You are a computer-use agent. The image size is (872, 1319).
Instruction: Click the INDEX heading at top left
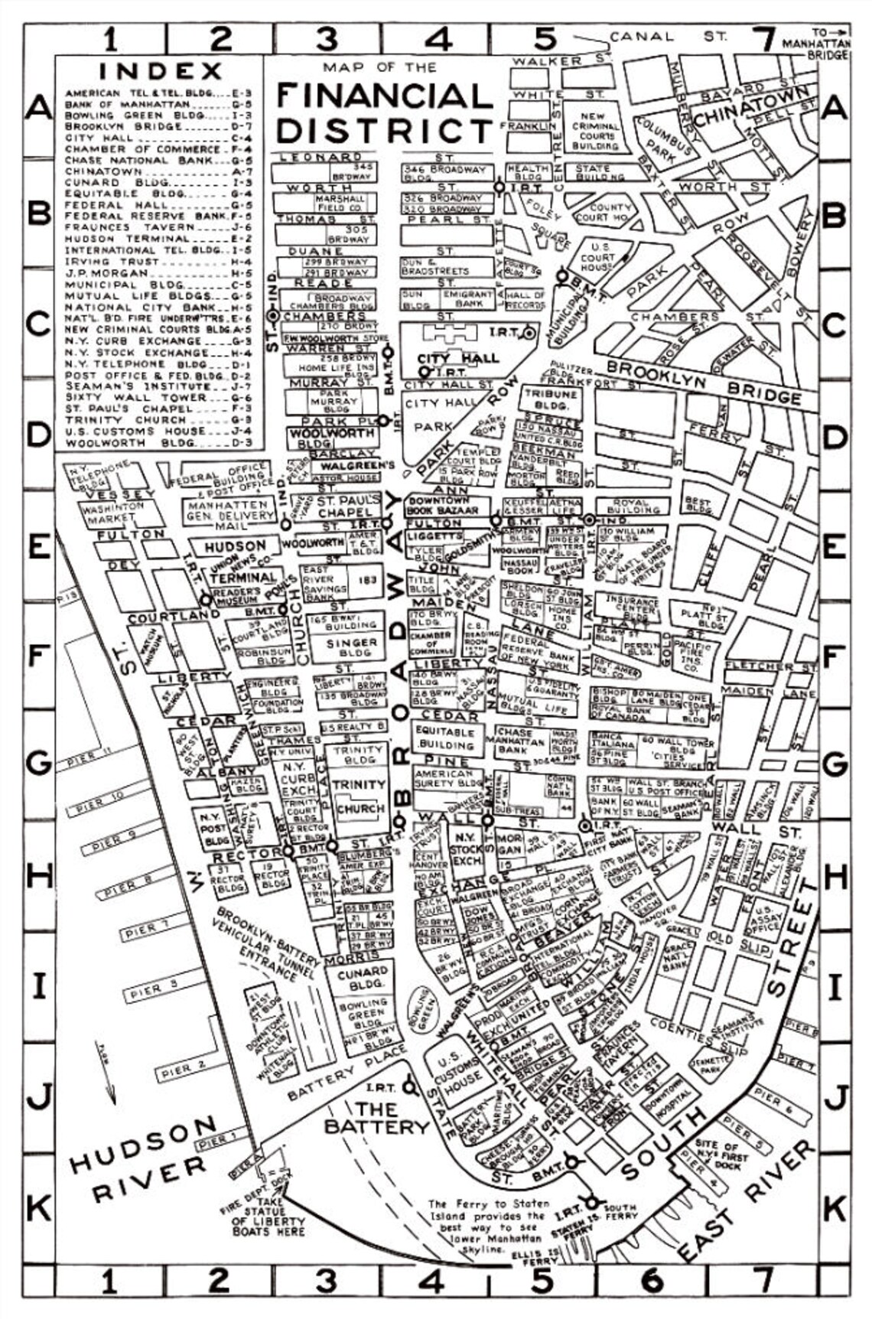click(x=160, y=71)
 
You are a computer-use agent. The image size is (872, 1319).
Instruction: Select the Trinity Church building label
click(x=359, y=796)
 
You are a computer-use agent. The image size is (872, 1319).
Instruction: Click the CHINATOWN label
click(x=752, y=104)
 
